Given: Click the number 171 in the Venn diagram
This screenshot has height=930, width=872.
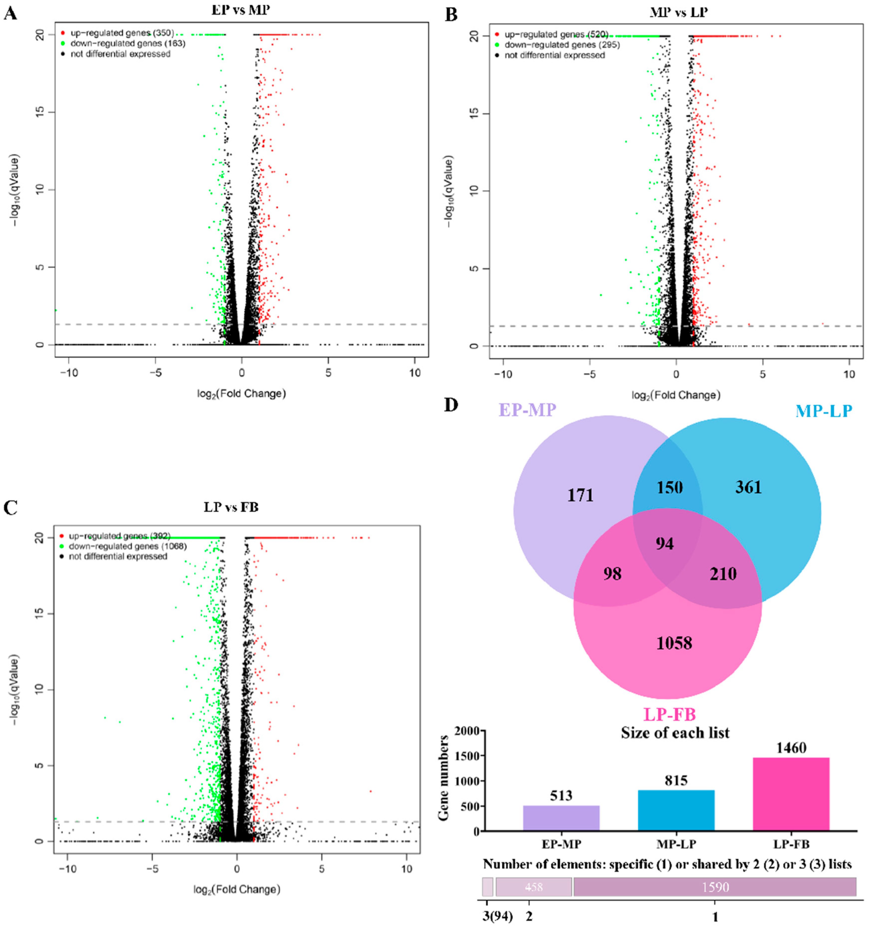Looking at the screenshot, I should [580, 495].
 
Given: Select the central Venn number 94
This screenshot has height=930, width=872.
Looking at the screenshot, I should [665, 544].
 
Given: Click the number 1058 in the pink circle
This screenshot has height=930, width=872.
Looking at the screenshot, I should [674, 643].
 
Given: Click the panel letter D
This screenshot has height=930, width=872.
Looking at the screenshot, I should [451, 405].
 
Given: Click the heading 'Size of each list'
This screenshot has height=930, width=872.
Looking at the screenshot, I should [675, 732].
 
